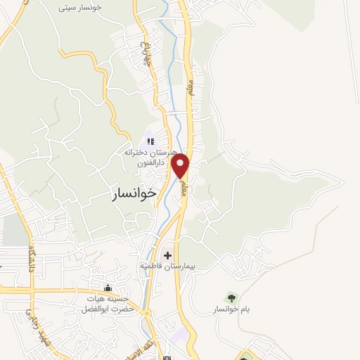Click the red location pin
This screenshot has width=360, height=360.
pyautogui.click(x=181, y=166)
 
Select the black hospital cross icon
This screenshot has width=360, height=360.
pyautogui.click(x=167, y=255)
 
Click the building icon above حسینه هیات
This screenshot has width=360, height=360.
pyautogui.click(x=108, y=288)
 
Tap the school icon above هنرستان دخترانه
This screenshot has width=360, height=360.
pyautogui.click(x=149, y=141)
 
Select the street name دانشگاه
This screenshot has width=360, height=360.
pyautogui.click(x=32, y=261)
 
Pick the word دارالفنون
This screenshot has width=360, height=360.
pyautogui.click(x=151, y=162)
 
